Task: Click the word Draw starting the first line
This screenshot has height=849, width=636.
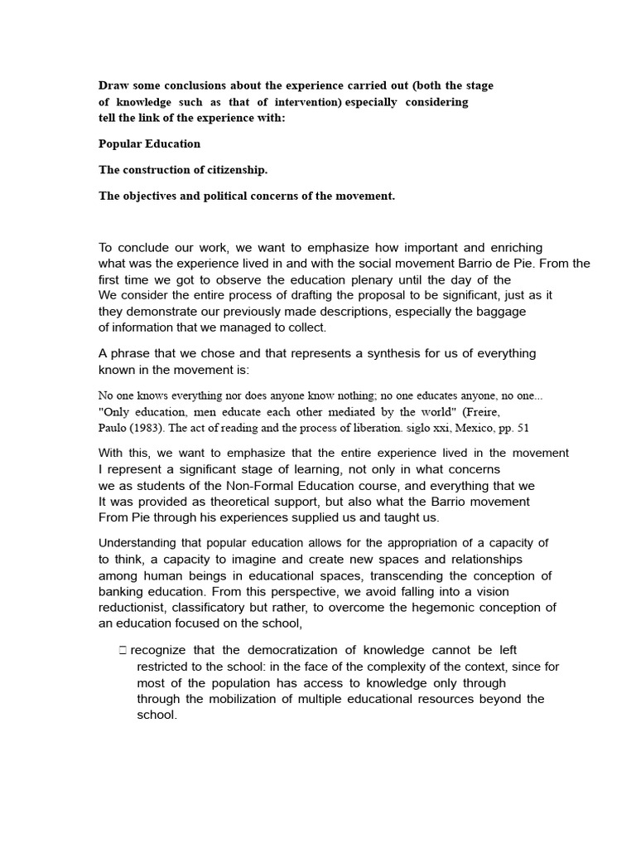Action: [x=113, y=85]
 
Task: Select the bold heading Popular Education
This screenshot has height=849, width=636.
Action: [x=149, y=143]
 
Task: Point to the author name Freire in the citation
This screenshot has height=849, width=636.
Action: [x=481, y=411]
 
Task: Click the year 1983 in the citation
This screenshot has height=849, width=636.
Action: [x=154, y=428]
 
